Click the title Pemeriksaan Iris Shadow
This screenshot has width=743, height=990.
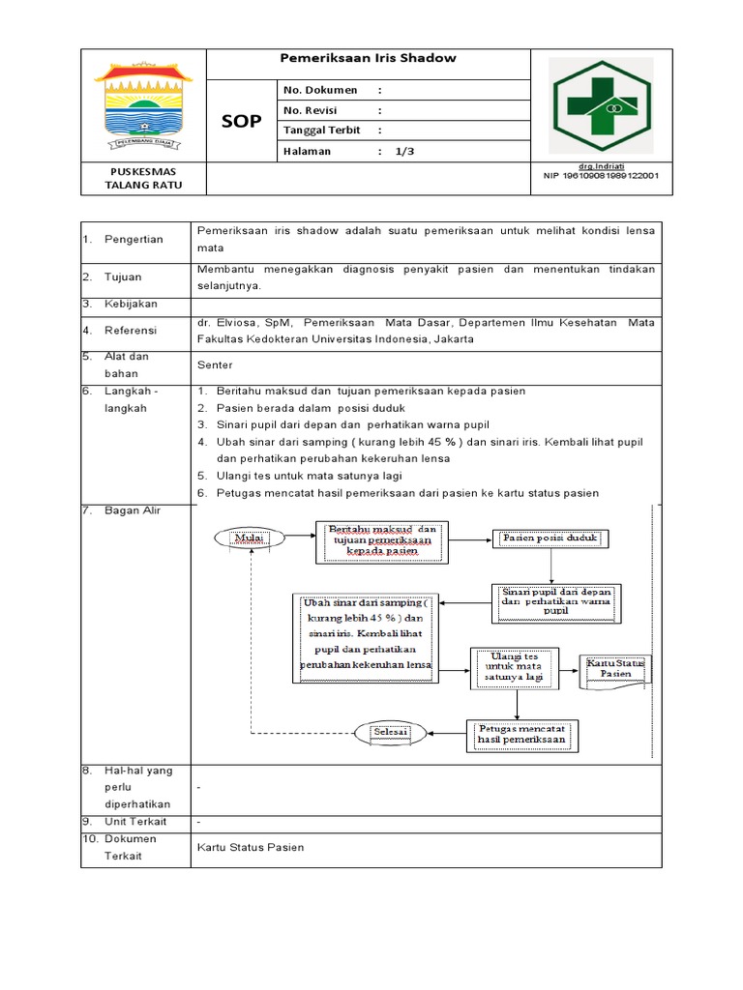pos(368,58)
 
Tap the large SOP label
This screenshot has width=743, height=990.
pos(241,121)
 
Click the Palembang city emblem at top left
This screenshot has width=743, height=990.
pos(143,105)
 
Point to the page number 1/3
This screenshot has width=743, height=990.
pos(403,151)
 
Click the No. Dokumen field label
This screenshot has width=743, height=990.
pos(319,90)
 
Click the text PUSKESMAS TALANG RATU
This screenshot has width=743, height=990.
pos(142,179)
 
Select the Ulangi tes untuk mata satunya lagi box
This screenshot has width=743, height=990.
pos(512,667)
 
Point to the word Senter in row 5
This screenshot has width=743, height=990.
pos(214,366)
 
